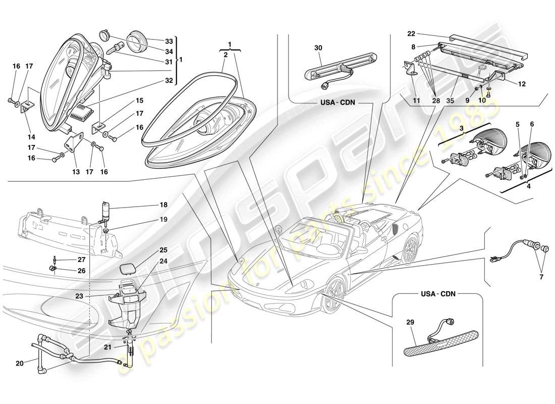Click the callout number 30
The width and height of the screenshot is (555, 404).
tap(318, 47)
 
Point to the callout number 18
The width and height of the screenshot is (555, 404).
tap(164, 206)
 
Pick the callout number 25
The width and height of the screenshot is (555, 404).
tap(164, 250)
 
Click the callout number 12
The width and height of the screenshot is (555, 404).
tap(522, 84)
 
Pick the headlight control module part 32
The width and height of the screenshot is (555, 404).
tap(82, 114)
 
